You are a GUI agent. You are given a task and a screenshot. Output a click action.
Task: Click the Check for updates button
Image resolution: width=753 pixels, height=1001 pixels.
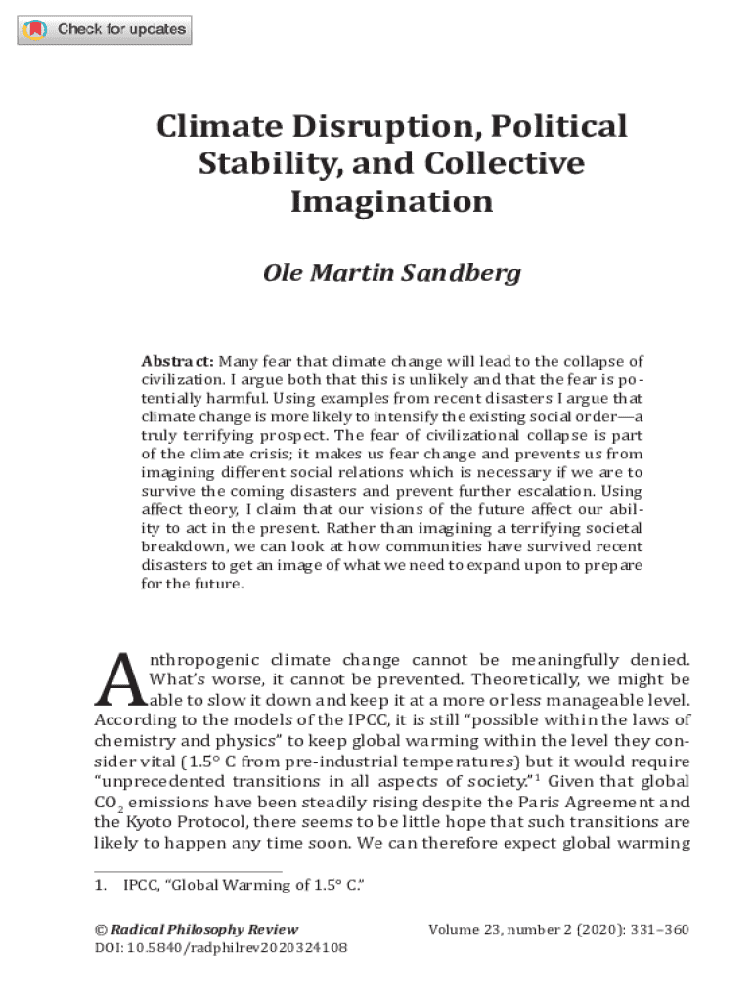(105, 30)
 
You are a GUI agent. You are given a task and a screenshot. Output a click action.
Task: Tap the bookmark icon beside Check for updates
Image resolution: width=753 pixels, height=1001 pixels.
(35, 30)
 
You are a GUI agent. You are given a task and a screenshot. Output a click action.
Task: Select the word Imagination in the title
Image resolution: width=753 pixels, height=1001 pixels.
(391, 201)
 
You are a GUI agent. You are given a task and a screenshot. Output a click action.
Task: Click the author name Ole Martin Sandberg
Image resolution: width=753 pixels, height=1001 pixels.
(391, 272)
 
